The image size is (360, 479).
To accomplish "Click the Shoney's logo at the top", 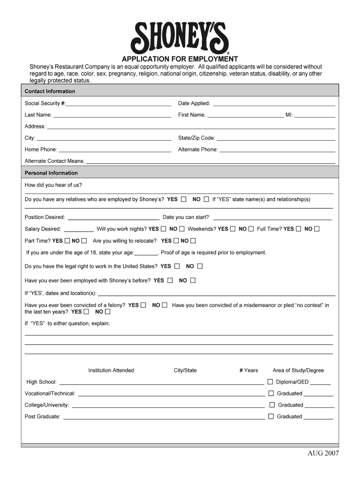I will click(x=180, y=38).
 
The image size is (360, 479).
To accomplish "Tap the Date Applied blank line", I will click(x=274, y=104).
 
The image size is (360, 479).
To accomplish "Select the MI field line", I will click(x=315, y=116).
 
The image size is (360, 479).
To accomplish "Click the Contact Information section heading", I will click(x=50, y=91).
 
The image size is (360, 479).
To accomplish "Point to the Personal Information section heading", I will click(x=51, y=173).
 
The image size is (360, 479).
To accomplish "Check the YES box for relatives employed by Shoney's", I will click(x=184, y=199).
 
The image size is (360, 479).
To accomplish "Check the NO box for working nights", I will click(x=182, y=229).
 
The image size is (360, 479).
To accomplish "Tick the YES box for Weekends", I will click(x=232, y=229).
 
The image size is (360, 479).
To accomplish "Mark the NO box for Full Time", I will click(x=317, y=229).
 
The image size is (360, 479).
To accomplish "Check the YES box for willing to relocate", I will click(x=176, y=241).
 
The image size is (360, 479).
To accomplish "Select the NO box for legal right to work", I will click(x=200, y=266).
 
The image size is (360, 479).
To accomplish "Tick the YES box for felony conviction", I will click(x=143, y=305).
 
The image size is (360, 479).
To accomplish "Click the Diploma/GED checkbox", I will click(x=270, y=382).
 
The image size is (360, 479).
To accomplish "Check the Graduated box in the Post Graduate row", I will click(x=271, y=416).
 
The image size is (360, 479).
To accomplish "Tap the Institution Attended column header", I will click(x=111, y=370).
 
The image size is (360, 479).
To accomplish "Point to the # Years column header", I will click(x=249, y=370).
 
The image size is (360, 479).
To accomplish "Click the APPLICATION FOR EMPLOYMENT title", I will click(x=180, y=59).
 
